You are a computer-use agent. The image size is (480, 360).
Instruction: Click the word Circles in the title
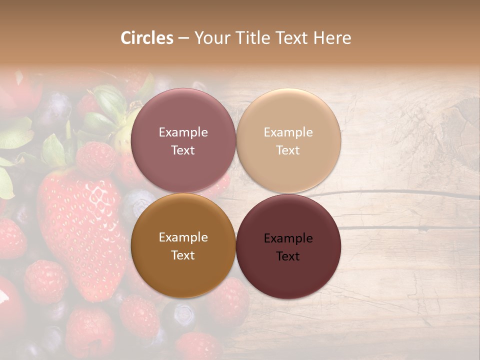point(147,38)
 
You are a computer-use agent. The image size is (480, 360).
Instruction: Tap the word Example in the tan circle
point(288,132)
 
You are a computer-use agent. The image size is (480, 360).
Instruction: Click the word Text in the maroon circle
point(288,256)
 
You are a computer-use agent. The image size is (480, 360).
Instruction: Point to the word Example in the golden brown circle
point(183,237)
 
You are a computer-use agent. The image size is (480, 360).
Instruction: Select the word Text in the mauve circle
point(183,150)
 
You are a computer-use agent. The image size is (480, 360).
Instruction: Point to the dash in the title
point(183,38)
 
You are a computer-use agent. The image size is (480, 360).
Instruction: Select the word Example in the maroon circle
point(288,238)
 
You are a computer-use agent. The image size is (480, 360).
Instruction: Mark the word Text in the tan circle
point(288,150)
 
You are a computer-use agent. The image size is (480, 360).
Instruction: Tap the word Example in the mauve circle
point(183,132)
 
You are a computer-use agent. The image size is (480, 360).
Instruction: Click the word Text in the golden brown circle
point(183,255)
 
